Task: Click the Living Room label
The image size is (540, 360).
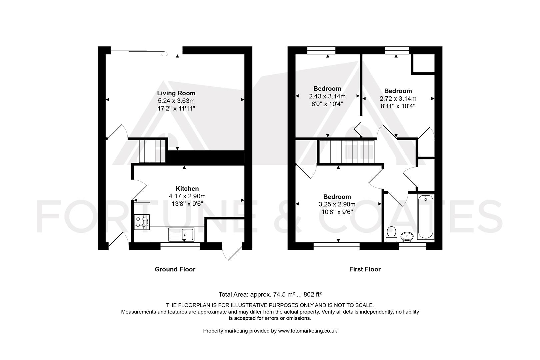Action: pos(176,93)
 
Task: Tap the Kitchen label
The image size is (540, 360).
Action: pos(187,189)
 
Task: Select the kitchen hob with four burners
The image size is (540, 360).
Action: pos(142,222)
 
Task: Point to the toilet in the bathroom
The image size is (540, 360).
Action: pos(391,234)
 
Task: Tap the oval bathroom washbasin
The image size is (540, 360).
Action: pos(407,237)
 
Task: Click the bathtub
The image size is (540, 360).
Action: pos(425,217)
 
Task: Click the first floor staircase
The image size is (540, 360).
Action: pos(347,152)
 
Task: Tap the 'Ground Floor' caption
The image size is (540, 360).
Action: pos(175,269)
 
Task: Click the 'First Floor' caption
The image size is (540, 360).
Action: pos(365,269)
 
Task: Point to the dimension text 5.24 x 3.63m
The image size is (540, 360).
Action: pos(176,101)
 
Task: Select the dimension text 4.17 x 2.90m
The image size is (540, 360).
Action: pos(187,196)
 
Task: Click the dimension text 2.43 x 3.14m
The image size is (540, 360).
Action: pos(327,96)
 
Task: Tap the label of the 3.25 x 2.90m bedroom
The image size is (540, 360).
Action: pos(337,197)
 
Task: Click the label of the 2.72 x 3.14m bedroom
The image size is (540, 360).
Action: pos(398,91)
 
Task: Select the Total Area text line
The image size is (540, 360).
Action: pos(270,294)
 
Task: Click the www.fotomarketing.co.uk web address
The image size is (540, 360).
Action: pos(307,331)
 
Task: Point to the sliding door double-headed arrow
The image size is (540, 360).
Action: pos(164,54)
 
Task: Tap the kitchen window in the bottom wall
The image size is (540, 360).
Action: pos(180,246)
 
